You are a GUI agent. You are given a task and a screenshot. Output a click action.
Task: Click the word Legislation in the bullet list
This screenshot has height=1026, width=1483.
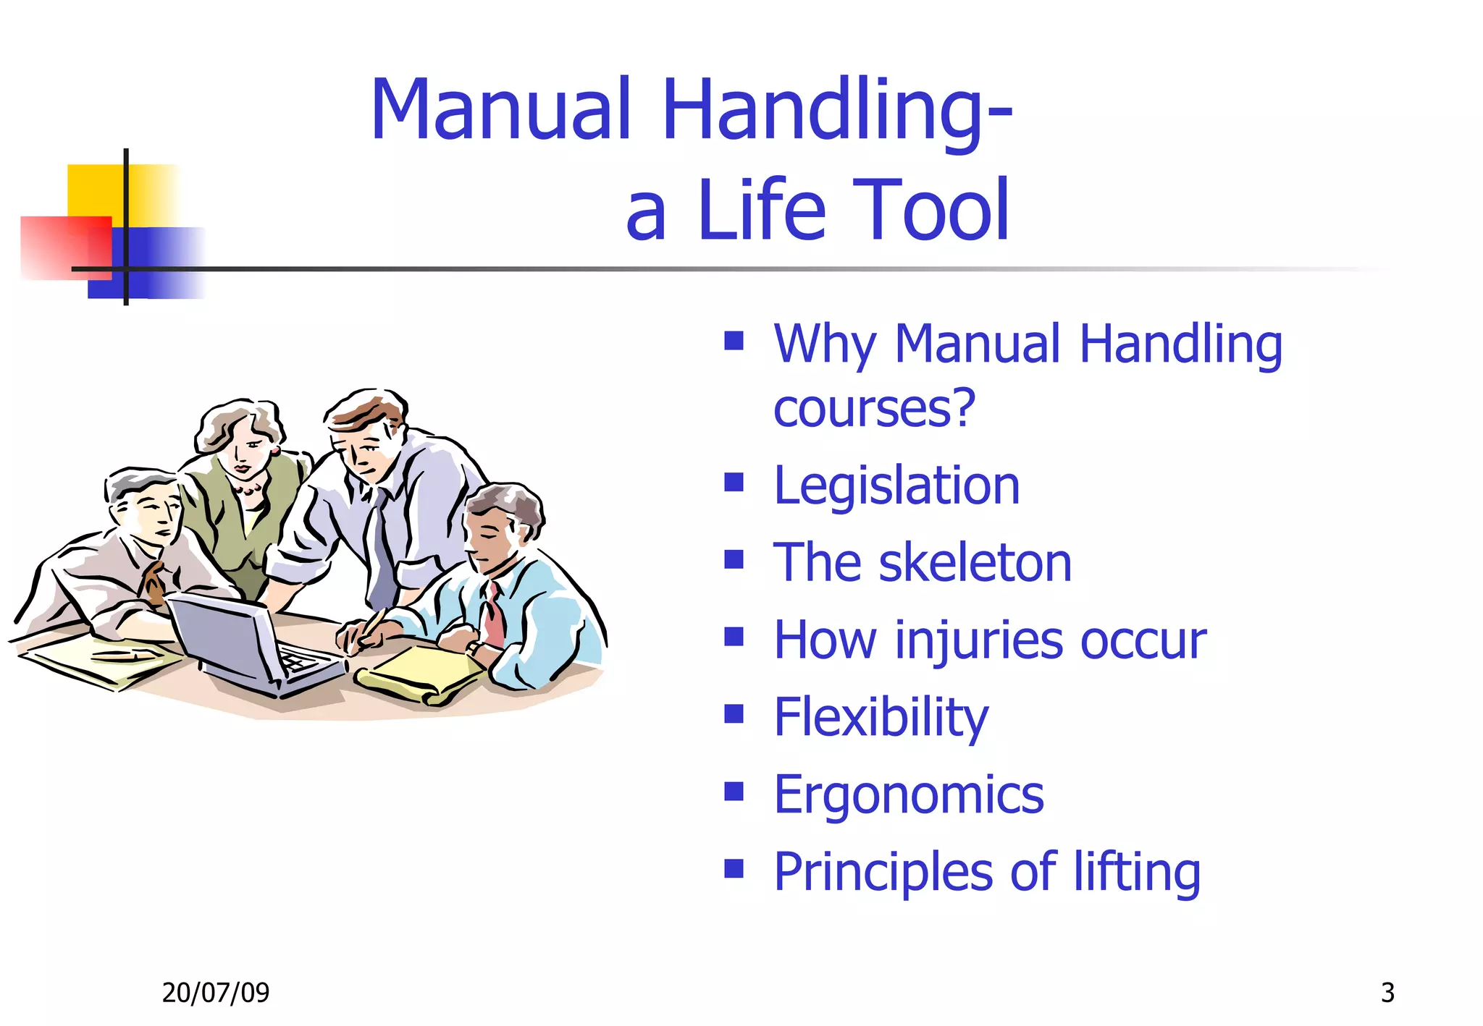896,486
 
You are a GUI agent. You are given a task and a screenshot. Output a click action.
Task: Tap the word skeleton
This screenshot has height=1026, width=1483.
975,563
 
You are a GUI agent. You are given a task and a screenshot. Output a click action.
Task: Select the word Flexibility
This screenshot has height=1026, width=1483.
881,717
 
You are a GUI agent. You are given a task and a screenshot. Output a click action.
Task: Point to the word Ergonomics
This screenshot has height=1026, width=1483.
909,794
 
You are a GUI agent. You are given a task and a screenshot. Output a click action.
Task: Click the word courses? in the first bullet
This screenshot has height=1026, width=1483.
874,409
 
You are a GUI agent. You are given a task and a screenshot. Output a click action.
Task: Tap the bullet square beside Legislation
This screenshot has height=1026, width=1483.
734,482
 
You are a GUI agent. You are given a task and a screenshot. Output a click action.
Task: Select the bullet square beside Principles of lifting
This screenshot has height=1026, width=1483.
734,868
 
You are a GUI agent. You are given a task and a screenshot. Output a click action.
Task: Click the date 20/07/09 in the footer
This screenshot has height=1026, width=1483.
216,993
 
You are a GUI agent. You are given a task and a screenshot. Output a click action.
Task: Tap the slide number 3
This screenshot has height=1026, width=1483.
1387,993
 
